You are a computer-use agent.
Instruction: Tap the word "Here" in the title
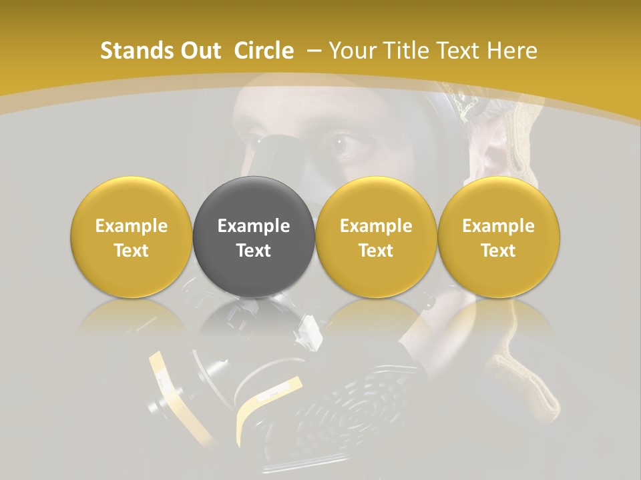click(x=513, y=51)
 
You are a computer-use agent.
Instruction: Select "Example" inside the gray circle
click(x=254, y=226)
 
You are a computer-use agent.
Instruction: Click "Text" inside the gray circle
click(x=254, y=251)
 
